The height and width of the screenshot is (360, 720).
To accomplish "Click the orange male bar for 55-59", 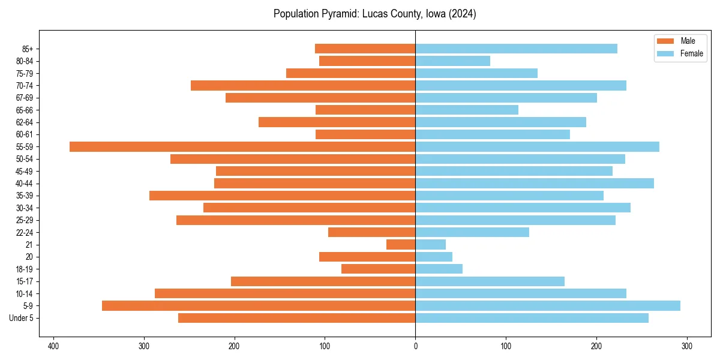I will (242, 146).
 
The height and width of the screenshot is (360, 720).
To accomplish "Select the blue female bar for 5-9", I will (547, 305).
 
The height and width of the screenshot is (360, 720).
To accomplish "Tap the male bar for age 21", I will (401, 244).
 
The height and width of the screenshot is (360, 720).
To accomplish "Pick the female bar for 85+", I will (516, 49).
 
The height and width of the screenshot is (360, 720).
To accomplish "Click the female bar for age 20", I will (434, 257).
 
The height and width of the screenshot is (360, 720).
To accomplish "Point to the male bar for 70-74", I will (303, 85).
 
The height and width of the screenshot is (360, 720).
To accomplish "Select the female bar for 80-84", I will (452, 61).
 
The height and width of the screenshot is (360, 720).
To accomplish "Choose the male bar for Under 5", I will (296, 318).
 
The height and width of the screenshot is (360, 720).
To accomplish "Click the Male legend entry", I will (680, 41).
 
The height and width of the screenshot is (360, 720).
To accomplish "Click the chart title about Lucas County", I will (374, 14).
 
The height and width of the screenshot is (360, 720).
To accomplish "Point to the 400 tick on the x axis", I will (53, 346).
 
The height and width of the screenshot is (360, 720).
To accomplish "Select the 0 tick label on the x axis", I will (415, 346).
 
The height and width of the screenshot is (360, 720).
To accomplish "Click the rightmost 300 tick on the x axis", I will (687, 346).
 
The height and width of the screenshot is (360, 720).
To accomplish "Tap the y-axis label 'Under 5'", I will (22, 318).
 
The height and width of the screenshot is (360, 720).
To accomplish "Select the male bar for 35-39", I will (282, 196).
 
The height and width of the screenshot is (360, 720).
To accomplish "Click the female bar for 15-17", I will (490, 281).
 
